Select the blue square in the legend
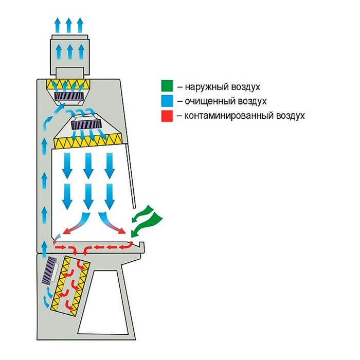166,101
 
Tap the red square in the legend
166,116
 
